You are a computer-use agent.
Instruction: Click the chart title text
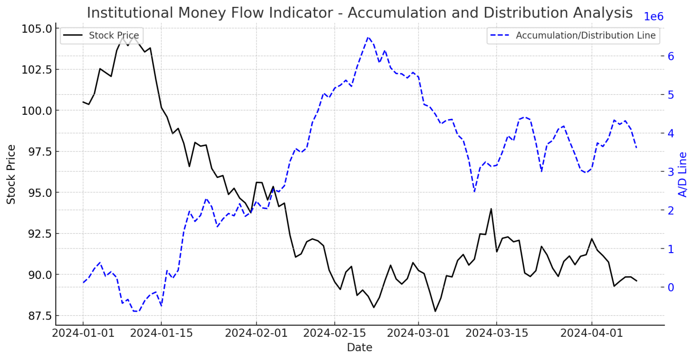[x=359, y=13]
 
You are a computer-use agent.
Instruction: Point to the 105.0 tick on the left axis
[x=37, y=28]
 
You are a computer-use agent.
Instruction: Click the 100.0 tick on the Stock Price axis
[x=37, y=111]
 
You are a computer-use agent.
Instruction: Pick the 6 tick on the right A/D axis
[x=671, y=56]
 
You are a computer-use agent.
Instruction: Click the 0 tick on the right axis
[x=671, y=287]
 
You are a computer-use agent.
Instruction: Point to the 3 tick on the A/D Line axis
[x=671, y=172]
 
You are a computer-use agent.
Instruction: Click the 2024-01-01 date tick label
[x=83, y=333]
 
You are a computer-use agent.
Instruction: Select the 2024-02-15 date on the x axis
[x=334, y=333]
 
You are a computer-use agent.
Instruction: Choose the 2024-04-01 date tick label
[x=591, y=333]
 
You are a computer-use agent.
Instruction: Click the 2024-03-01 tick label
[x=419, y=333]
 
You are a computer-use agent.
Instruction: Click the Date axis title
[x=359, y=348]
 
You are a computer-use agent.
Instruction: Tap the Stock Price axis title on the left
[x=11, y=174]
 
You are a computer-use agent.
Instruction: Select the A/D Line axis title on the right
[x=683, y=174]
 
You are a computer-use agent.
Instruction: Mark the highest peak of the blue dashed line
[x=368, y=37]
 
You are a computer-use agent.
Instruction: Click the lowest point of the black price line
[x=435, y=311]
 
